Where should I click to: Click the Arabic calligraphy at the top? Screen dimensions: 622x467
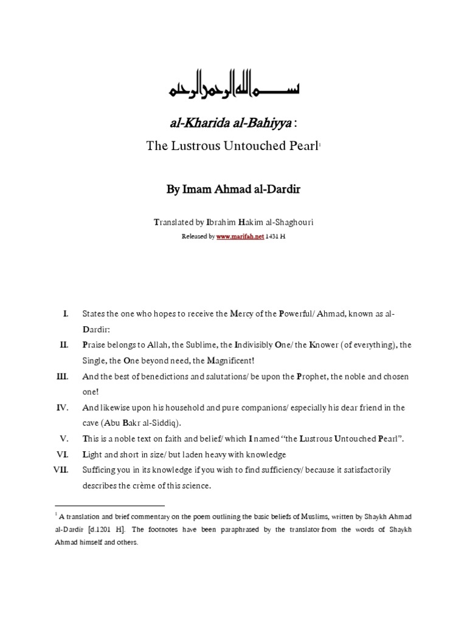[x=233, y=90]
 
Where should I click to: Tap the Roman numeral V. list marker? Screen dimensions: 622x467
[x=63, y=439]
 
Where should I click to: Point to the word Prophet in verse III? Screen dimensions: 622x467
[x=314, y=377]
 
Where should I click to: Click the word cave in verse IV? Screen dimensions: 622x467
[x=92, y=423]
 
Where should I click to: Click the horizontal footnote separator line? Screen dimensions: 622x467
[x=109, y=505]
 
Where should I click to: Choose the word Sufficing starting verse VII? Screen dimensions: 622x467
[x=101, y=470]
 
